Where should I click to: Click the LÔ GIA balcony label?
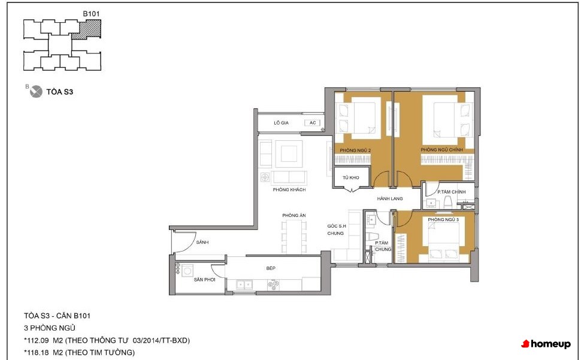[x=282, y=123]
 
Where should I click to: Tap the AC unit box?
[x=313, y=123]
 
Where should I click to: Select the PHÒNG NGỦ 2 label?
[x=355, y=150]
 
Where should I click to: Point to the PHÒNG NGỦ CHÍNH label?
[x=441, y=150]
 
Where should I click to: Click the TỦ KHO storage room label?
[x=350, y=177]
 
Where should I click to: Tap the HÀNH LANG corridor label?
[x=390, y=198]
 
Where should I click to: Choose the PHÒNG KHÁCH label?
[x=289, y=190]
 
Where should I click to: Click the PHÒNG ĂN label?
[x=294, y=215]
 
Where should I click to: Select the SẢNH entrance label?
[x=202, y=242]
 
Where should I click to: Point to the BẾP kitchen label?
[x=271, y=268]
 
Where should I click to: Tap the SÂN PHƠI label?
[x=204, y=280]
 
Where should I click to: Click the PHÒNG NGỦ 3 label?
[x=443, y=220]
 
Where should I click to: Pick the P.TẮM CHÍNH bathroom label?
[x=451, y=192]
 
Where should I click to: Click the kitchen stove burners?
[x=274, y=285]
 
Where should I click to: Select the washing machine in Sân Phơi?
[x=187, y=270]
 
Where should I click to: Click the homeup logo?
[x=546, y=344]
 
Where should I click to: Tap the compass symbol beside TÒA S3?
[x=36, y=92]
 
